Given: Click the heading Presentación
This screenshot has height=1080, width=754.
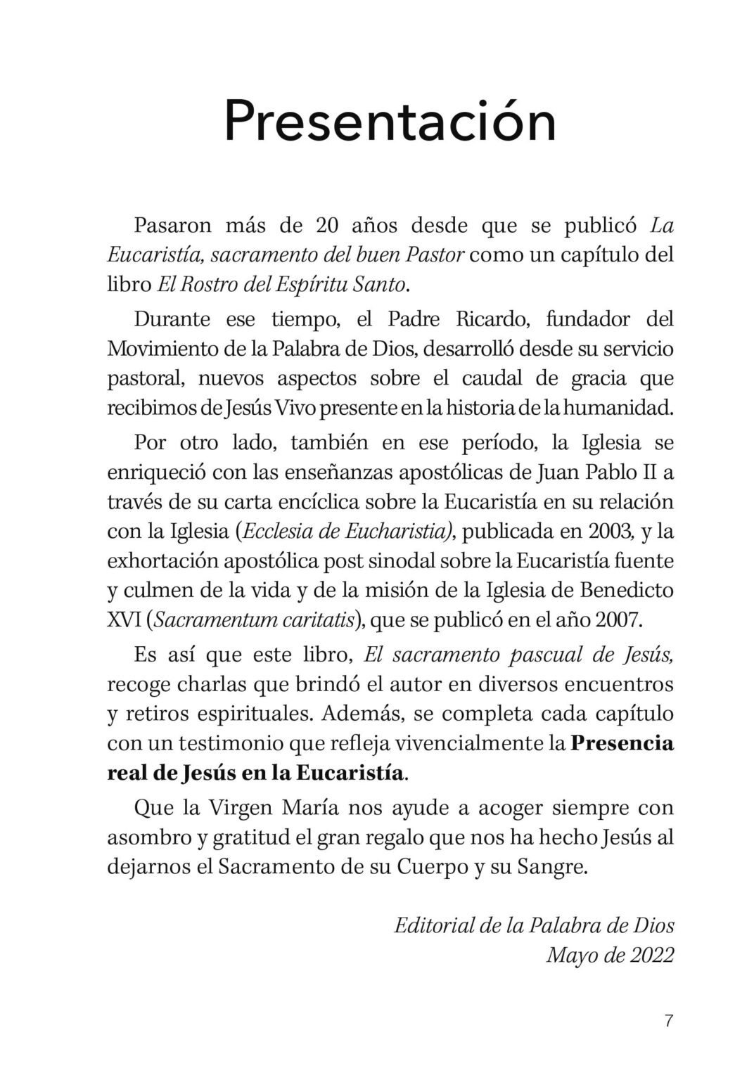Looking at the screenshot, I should (x=390, y=122).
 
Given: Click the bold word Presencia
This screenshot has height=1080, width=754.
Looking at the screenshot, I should (x=621, y=743).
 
